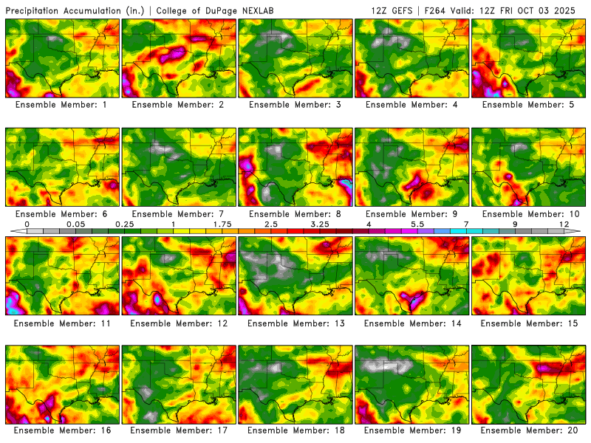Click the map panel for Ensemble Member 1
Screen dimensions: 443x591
[x=62, y=58]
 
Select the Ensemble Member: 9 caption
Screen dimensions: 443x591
[x=412, y=214]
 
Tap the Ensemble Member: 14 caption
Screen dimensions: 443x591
[x=412, y=323]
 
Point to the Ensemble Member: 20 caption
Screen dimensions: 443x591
[x=529, y=430]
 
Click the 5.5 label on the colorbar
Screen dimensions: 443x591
[x=417, y=224]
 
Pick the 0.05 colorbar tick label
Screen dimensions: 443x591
[x=75, y=224]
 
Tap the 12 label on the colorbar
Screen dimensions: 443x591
[x=564, y=224]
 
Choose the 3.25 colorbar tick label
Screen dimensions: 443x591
[x=319, y=224]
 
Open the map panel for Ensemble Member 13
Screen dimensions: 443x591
[x=295, y=275]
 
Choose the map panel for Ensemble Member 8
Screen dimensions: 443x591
[x=295, y=166]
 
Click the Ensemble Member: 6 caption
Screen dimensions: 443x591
[x=62, y=214]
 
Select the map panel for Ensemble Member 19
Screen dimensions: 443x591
[x=412, y=382]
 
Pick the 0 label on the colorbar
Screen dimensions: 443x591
[x=27, y=224]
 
